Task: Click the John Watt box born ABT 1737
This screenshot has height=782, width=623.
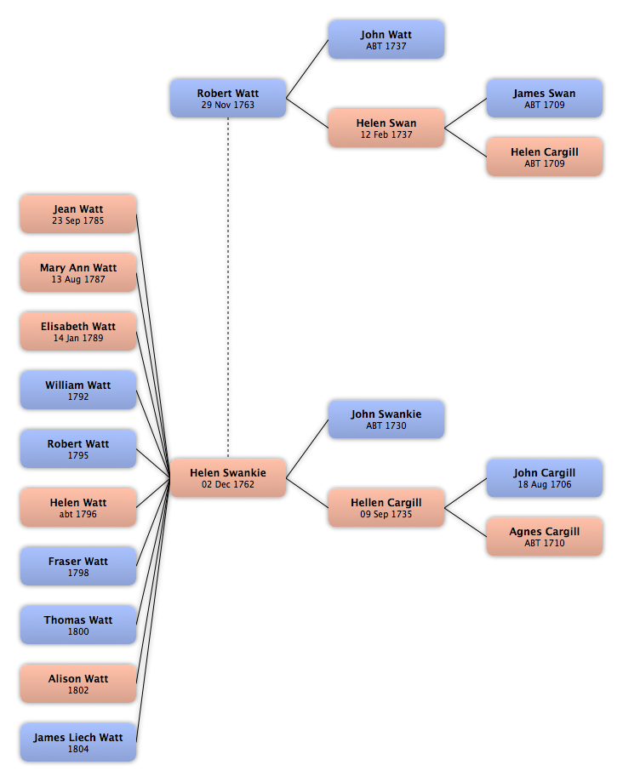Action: (386, 39)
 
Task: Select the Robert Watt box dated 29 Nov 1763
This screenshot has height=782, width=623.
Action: (228, 98)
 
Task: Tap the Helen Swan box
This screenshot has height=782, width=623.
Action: (386, 128)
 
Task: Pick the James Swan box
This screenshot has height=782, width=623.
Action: (545, 98)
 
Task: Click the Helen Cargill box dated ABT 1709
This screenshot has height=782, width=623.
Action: (545, 157)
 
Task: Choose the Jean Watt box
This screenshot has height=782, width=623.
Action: (78, 214)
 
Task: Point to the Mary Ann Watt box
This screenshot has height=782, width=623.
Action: (78, 273)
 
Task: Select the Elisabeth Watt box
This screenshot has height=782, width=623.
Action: (78, 331)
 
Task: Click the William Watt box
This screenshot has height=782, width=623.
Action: (78, 390)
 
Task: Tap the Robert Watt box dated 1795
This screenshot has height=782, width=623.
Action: (78, 448)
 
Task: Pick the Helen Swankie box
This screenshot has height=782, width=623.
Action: (228, 477)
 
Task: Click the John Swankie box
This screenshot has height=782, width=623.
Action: (386, 420)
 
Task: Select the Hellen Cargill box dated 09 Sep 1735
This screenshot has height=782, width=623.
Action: (386, 508)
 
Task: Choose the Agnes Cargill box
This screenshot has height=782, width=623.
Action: (545, 537)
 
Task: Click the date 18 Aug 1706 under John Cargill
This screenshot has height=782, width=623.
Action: (545, 484)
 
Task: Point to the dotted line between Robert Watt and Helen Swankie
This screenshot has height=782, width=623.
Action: (228, 288)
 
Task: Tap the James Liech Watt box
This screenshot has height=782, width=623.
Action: (78, 742)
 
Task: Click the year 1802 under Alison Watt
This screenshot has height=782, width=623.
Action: (78, 690)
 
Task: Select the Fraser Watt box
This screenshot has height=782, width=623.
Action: (78, 566)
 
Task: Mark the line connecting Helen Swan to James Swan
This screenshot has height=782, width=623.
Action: (466, 113)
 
